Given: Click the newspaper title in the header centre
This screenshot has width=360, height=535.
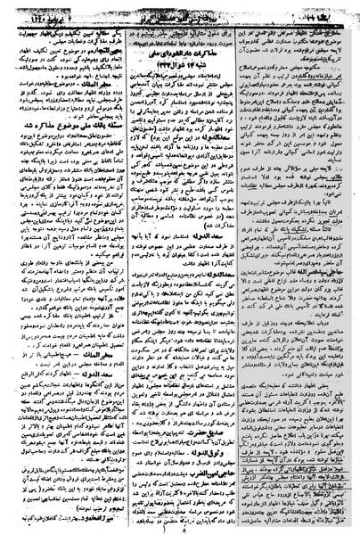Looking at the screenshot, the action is click(178, 8).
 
